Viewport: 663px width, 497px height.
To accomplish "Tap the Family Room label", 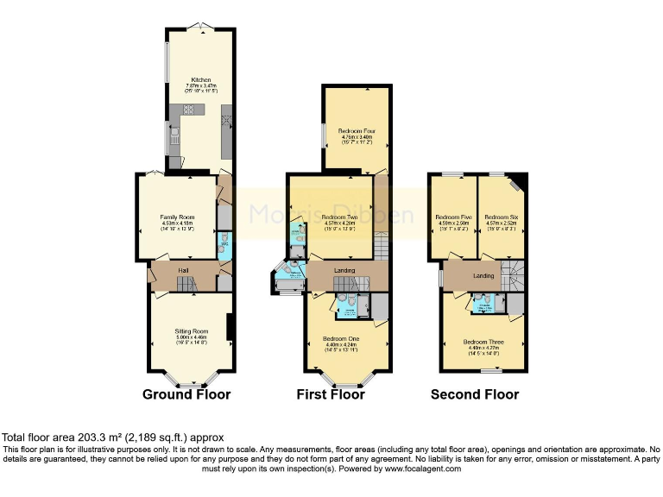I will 177,217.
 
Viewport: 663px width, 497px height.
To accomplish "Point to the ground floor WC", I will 224,243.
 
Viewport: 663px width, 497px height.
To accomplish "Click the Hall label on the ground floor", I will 183,271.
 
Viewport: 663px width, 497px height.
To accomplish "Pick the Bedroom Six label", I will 501,217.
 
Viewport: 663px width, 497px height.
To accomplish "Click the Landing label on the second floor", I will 483,275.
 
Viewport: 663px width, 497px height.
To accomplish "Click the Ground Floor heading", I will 186,394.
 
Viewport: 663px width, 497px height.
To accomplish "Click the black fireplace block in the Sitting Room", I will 229,328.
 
